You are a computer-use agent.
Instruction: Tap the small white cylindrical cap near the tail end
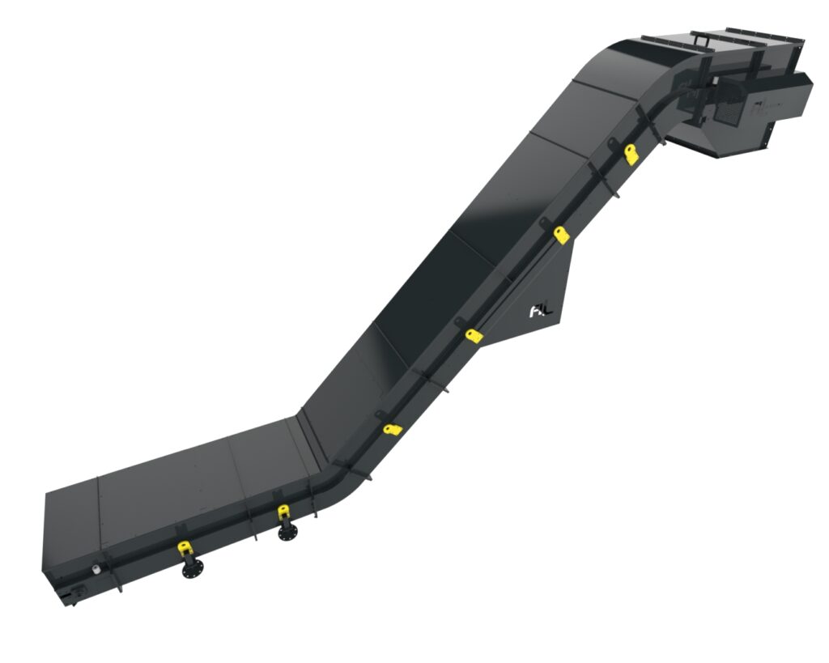[x=98, y=569]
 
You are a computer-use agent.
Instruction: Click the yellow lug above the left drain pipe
[x=185, y=547]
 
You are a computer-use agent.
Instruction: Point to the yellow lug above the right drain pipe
[x=283, y=512]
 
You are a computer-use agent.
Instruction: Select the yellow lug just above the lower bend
[x=393, y=428]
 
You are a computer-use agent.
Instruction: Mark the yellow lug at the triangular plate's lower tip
[x=474, y=334]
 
